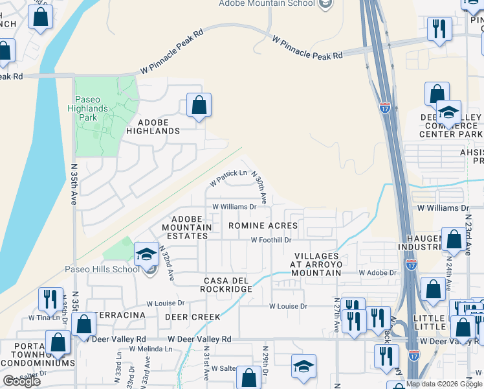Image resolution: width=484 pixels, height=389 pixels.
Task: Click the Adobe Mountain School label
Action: click(x=267, y=3)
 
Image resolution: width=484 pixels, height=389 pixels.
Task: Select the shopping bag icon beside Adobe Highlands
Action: click(x=199, y=105)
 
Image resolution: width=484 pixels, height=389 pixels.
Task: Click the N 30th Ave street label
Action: click(x=259, y=185)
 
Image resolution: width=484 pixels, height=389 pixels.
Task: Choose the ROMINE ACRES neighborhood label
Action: click(x=263, y=226)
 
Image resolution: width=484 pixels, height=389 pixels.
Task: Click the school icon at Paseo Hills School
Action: click(x=146, y=255)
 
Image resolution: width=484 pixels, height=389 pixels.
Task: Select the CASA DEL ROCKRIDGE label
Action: click(x=227, y=285)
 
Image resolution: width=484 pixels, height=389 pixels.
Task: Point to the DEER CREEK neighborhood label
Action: click(x=192, y=317)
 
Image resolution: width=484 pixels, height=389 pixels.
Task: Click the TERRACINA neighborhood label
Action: click(x=120, y=315)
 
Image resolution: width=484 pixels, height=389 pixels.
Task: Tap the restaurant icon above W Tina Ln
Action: click(x=49, y=299)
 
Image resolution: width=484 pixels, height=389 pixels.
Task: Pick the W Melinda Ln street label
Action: click(x=151, y=349)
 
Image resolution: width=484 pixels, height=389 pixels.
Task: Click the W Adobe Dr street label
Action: click(x=378, y=273)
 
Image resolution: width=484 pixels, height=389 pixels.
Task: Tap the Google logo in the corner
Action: click(x=21, y=381)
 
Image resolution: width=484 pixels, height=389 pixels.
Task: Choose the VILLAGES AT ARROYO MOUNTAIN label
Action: click(x=316, y=265)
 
